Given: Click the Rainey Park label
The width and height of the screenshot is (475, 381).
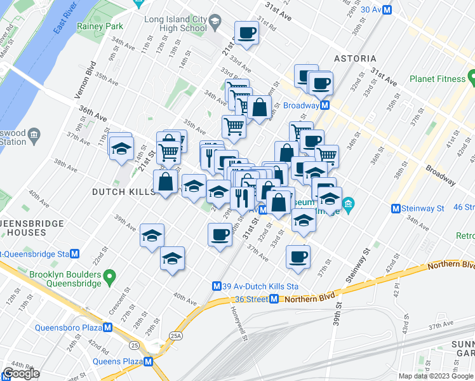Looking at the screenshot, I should pos(99,27).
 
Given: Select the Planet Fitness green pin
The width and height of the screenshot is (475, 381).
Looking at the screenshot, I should pos(471,77).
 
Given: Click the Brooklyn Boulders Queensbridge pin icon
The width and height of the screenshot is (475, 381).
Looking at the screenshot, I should pos(110,276).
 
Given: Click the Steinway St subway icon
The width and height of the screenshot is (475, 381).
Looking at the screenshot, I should pos(396,208).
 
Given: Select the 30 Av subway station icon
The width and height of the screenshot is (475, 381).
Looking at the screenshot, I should pos(387,9).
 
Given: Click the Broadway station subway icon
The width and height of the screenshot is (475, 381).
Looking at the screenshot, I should pos(324,105).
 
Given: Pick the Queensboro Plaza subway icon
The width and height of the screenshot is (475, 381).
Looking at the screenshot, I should pos(107,328).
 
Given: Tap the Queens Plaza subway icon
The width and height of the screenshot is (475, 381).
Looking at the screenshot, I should pos(149,361).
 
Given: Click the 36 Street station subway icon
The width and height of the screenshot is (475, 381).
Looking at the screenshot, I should pos(274,299).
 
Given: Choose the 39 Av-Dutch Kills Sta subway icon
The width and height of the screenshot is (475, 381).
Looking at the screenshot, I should pos(217,286).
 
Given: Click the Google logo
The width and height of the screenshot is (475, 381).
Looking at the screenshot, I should pos(21,373).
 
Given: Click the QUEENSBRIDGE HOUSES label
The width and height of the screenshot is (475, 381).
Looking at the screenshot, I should pos(32,228).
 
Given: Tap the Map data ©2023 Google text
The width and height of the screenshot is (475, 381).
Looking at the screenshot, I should pos(435,376).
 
